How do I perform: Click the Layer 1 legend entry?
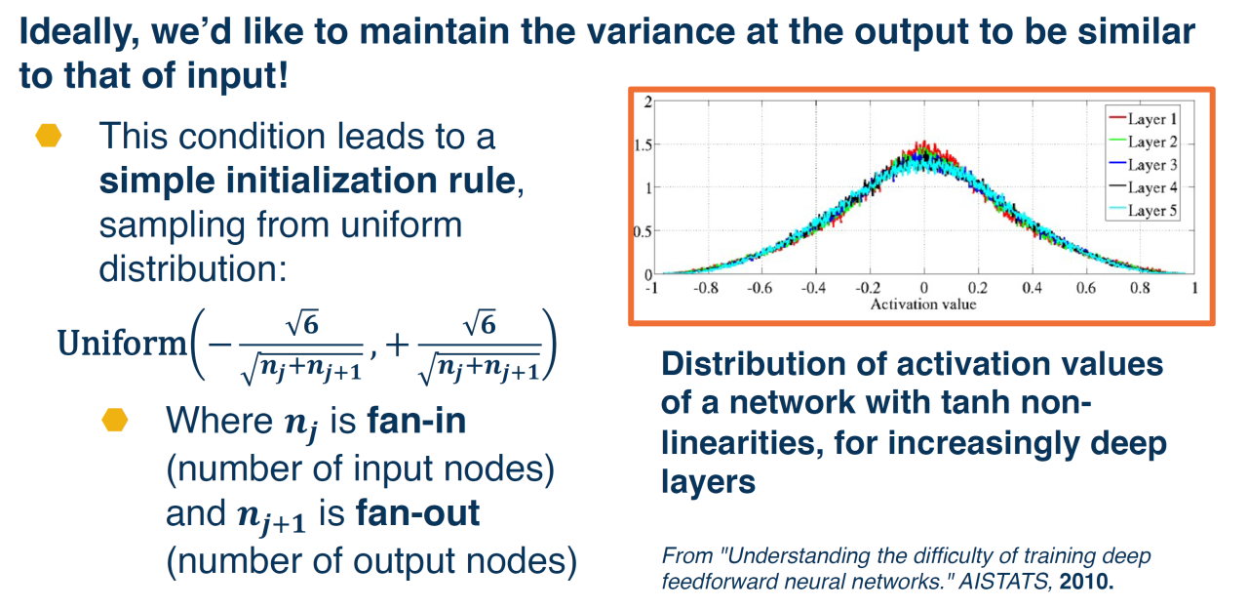1143,119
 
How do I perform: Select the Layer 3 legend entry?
1143,165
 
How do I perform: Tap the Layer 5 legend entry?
1143,210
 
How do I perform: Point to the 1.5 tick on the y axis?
643,145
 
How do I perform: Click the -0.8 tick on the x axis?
705,288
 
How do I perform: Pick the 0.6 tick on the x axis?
1086,288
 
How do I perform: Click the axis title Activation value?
923,304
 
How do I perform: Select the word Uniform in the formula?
122,343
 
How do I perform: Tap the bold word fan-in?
416,421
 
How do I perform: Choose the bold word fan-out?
418,513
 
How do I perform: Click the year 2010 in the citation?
1086,582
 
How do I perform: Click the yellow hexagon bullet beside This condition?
49,136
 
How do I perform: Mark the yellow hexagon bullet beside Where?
115,420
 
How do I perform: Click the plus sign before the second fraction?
397,346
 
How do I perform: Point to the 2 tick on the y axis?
648,102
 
